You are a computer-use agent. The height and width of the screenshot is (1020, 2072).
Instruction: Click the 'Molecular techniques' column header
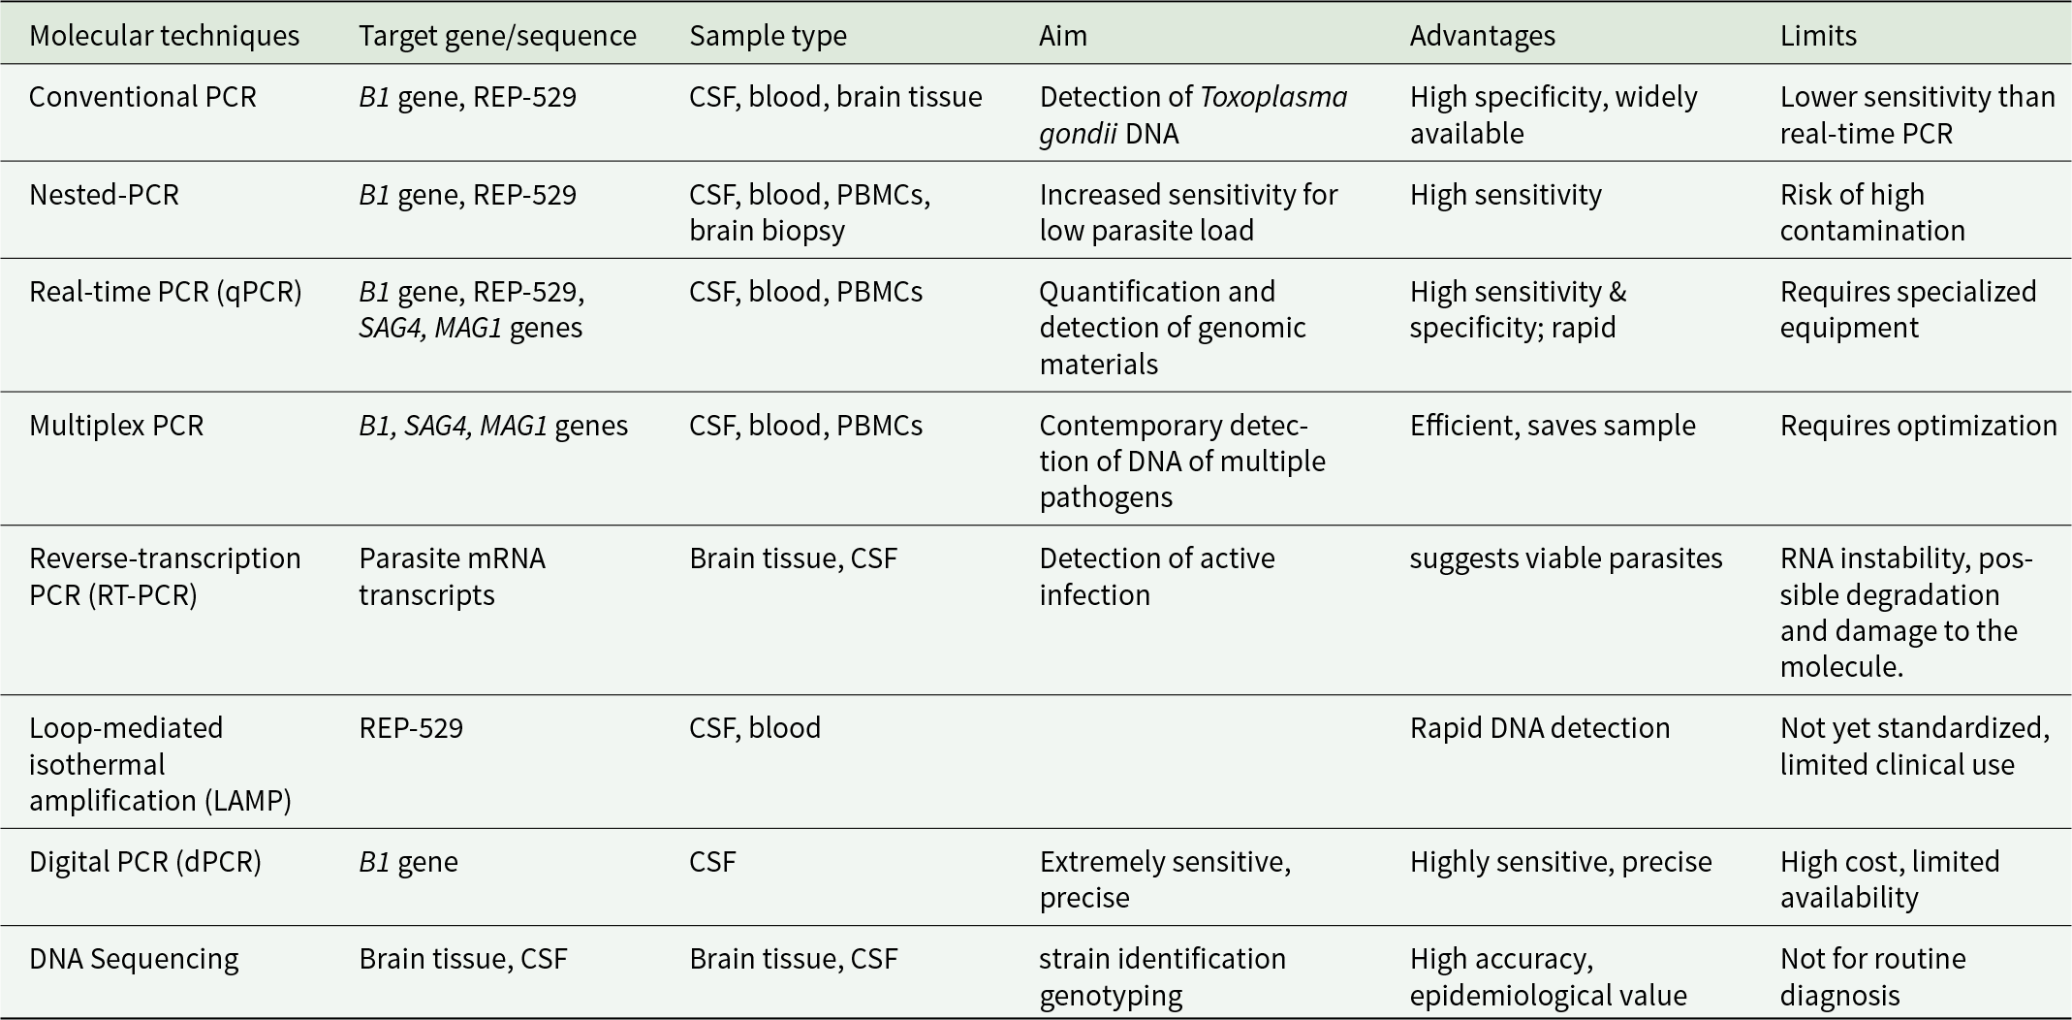pos(164,36)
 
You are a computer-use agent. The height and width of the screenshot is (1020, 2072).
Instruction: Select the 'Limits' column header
pos(1818,36)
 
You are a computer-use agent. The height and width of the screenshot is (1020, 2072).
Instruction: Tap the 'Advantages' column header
pos(1482,36)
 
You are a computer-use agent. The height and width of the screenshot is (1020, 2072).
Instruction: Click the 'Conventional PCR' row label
pos(142,97)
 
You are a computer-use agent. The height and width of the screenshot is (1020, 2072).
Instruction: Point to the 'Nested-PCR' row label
pos(104,195)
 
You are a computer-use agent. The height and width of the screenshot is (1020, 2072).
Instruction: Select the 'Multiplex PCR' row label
pos(116,426)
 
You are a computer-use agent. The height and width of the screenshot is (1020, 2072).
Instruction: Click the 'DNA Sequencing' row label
pos(134,959)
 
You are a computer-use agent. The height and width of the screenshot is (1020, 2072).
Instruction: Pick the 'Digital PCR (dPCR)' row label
pos(145,862)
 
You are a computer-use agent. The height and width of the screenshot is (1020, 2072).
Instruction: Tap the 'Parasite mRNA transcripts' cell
pos(453,577)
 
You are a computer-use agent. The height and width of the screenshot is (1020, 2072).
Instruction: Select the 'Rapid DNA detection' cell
pos(1540,728)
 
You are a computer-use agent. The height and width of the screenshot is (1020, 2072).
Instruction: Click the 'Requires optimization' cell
pos(1918,426)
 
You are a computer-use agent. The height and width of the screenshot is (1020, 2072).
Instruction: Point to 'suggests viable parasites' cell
pos(1566,558)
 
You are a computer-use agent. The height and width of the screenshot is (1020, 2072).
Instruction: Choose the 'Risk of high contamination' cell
pos(1872,212)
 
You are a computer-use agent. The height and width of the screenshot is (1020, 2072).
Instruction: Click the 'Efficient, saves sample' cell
pos(1553,426)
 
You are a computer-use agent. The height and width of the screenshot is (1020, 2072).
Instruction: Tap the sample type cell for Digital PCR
pos(712,862)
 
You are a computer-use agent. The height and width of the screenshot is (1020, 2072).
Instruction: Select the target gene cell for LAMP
pos(411,728)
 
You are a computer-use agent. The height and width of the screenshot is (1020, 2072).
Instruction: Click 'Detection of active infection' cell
pos(1157,577)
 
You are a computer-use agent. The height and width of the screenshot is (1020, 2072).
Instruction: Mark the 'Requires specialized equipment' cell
pos(1908,309)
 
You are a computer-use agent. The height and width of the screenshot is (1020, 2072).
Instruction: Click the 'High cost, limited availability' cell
pos(1890,879)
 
